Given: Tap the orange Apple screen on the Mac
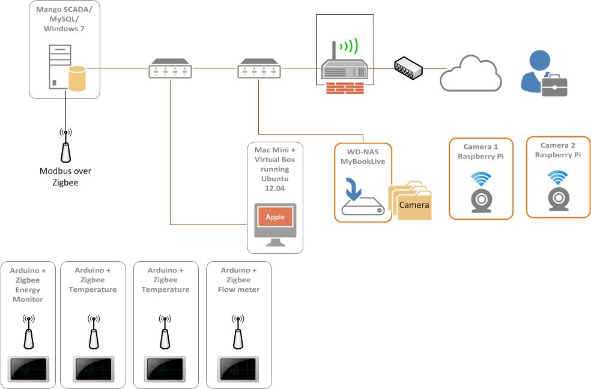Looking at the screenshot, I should [276, 217].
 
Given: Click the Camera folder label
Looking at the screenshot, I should [414, 205].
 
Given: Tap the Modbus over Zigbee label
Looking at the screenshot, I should [65, 176].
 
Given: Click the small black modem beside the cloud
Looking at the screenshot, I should [408, 67].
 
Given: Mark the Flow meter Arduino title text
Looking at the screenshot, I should [238, 280].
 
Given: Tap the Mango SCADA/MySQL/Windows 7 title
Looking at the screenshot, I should [64, 19].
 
